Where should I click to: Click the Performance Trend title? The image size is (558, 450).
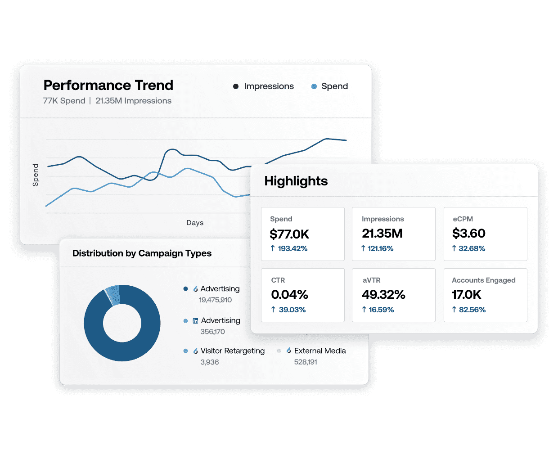[108, 85]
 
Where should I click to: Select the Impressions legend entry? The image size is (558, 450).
[268, 86]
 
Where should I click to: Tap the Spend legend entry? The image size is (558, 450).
[334, 86]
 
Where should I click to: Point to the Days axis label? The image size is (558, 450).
[195, 223]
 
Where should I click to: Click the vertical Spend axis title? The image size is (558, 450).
[36, 175]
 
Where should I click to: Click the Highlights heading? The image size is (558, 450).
[296, 181]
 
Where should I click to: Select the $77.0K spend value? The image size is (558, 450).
[289, 234]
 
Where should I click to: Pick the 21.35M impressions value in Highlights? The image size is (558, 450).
[382, 234]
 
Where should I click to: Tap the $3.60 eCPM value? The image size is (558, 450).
[468, 234]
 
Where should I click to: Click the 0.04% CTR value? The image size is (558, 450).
[289, 295]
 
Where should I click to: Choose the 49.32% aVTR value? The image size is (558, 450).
[383, 295]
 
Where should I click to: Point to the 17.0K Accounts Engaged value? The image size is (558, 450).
[466, 295]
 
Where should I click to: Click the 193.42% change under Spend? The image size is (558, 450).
[292, 248]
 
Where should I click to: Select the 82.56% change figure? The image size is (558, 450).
[472, 310]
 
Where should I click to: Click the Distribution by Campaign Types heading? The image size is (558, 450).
[142, 253]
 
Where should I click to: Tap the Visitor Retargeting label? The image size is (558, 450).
[232, 351]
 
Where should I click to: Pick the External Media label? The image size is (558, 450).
[320, 351]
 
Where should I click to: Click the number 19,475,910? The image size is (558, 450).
[215, 300]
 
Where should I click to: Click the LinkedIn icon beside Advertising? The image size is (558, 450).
[195, 321]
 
